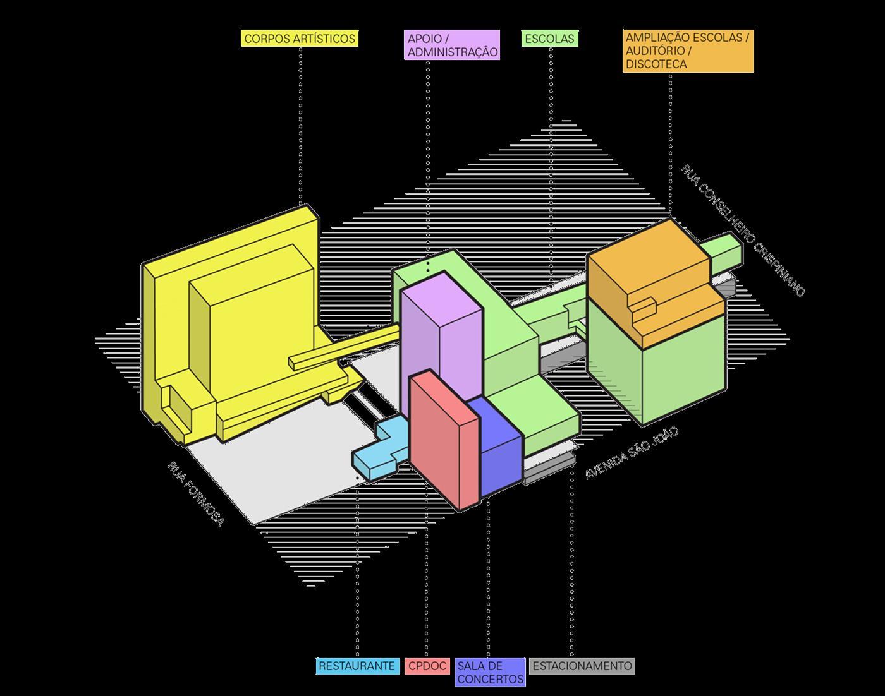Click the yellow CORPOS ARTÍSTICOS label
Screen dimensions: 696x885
(300, 39)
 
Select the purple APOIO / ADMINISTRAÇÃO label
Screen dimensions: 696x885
(452, 45)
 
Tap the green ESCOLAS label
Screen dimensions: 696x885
(549, 39)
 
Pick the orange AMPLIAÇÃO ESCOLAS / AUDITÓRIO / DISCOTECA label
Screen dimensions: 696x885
(688, 51)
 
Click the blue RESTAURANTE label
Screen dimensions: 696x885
(357, 666)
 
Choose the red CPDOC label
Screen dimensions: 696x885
(427, 666)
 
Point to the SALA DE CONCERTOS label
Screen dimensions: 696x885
(490, 673)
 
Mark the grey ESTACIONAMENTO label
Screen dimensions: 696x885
(582, 666)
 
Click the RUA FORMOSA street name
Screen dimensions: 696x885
(195, 495)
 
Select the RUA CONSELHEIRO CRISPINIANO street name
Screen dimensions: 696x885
(743, 230)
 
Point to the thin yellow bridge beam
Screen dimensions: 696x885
(345, 347)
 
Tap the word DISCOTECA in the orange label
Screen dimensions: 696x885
(656, 64)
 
